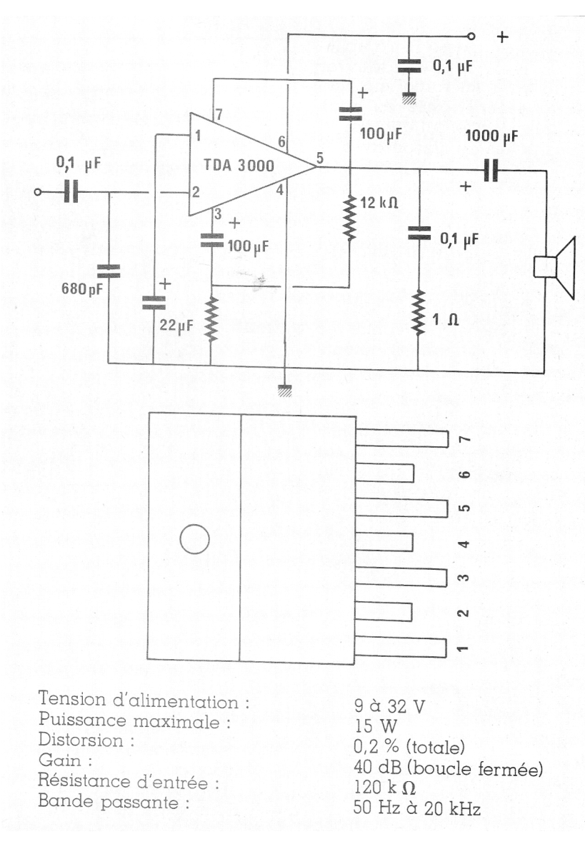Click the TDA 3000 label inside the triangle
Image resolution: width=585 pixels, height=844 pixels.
[x=239, y=165]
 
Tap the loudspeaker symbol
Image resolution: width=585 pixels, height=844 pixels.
[x=554, y=267]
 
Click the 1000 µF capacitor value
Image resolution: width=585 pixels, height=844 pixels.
[x=491, y=136]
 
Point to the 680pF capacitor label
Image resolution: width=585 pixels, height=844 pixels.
[x=82, y=289]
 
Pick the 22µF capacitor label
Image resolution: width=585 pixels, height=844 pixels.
[x=176, y=325]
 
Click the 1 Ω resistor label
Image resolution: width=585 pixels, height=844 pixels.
[x=445, y=320]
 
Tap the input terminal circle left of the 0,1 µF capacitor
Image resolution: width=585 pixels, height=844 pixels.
[x=38, y=192]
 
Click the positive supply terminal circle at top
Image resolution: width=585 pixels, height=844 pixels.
[x=471, y=36]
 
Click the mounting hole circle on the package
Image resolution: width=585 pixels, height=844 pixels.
[x=194, y=539]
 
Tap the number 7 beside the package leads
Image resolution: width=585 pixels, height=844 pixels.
[x=464, y=438]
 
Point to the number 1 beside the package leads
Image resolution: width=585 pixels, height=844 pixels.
[x=462, y=648]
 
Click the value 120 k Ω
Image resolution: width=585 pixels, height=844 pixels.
[x=384, y=788]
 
